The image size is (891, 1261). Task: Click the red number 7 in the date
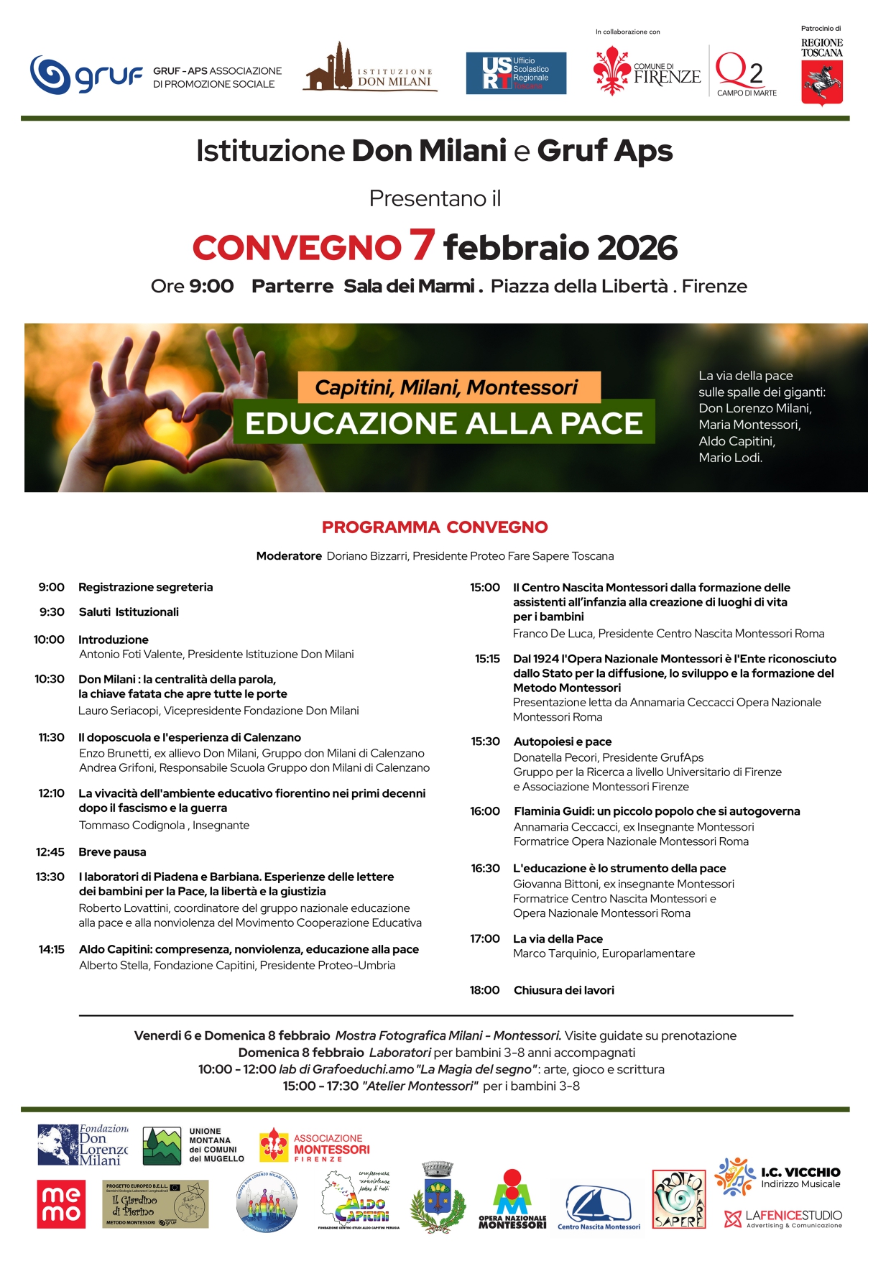tap(423, 245)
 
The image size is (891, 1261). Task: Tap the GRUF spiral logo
tap(52, 75)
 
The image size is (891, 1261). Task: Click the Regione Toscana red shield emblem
tap(822, 83)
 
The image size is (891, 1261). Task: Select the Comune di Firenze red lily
tap(611, 72)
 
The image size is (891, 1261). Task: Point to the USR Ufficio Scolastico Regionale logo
tap(516, 73)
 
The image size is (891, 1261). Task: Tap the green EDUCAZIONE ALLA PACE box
tap(444, 423)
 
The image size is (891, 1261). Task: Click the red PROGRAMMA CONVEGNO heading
tap(435, 527)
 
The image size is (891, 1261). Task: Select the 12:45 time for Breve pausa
tap(50, 852)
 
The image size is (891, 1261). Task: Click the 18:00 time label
tap(485, 990)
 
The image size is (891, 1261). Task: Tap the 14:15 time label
tap(52, 949)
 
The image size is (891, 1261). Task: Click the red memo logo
tap(61, 1204)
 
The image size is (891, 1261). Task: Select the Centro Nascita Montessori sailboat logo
tap(599, 1207)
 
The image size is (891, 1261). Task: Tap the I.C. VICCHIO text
tap(800, 1173)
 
